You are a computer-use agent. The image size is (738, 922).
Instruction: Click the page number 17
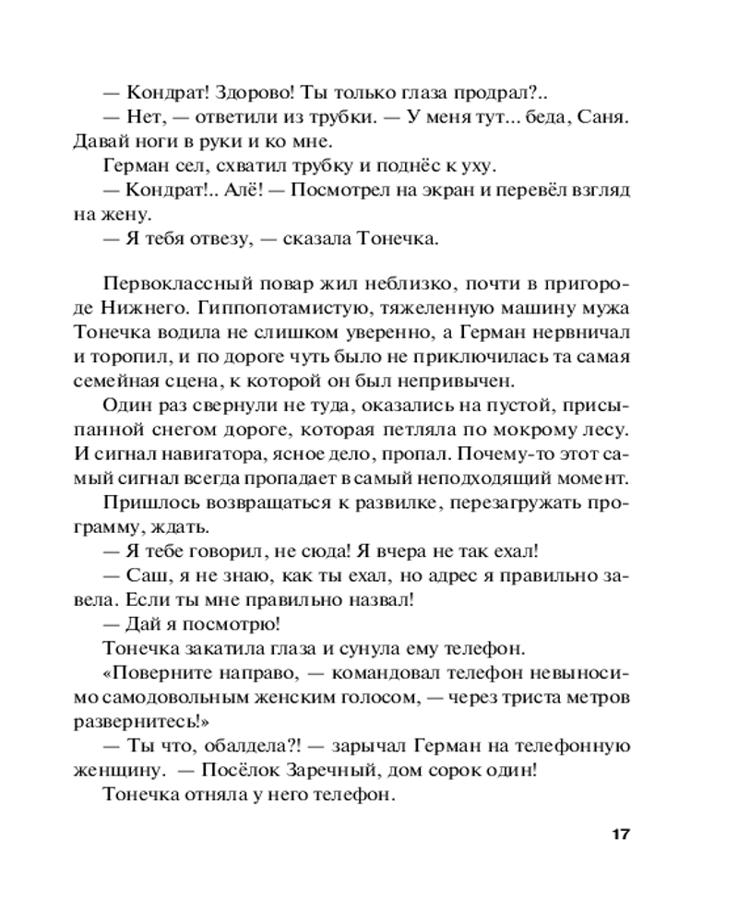coord(619,835)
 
